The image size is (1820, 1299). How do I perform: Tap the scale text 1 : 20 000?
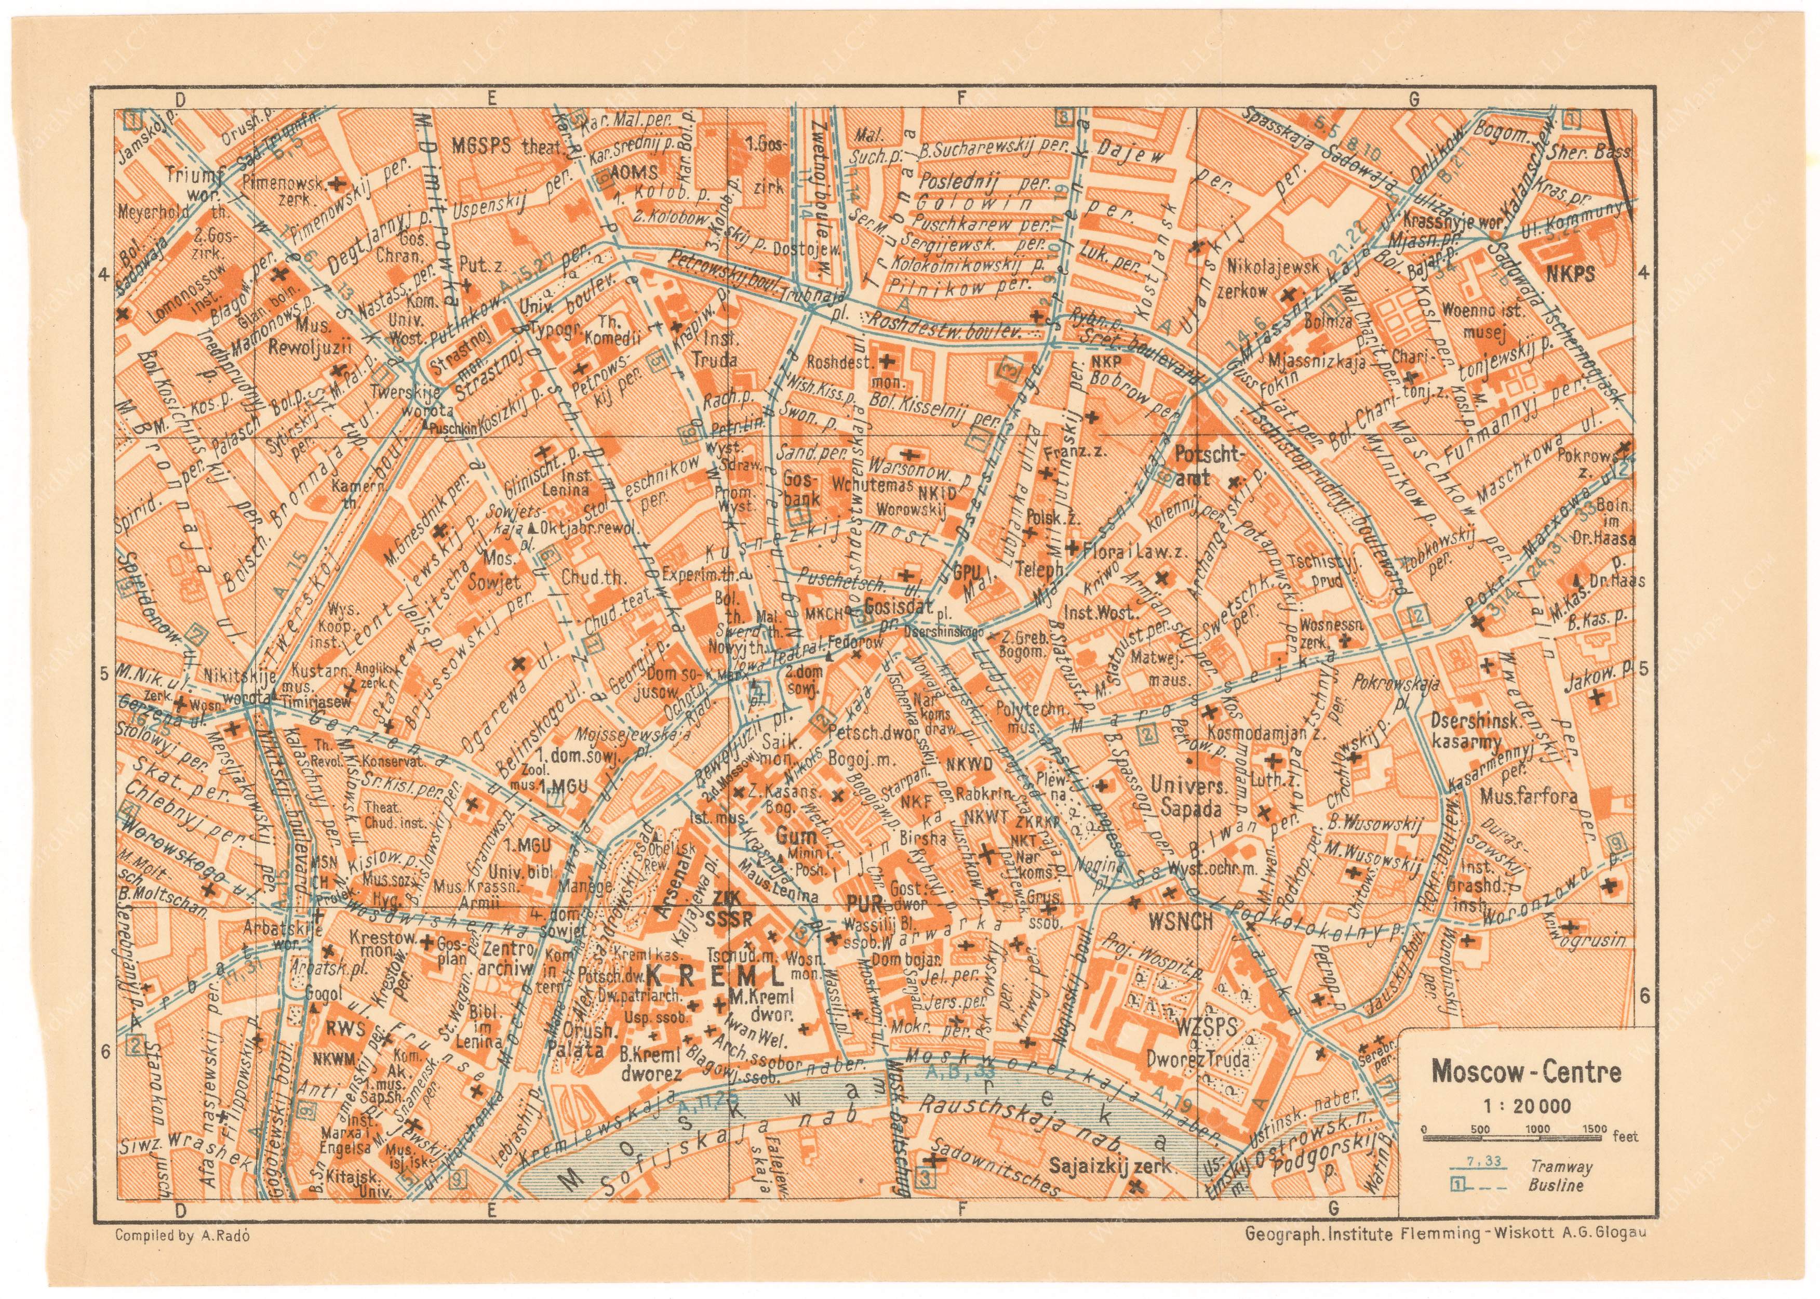(1525, 1106)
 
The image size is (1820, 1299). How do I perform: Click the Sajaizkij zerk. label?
(1112, 1165)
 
